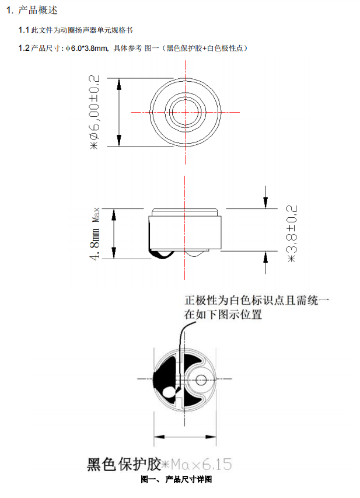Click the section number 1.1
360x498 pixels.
click(24, 30)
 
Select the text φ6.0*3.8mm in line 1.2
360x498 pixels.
click(88, 48)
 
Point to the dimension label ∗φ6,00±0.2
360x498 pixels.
click(95, 112)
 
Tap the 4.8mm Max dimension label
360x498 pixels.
click(95, 234)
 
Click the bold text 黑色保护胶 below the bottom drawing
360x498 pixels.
click(124, 465)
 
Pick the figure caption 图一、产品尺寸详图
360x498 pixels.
click(177, 480)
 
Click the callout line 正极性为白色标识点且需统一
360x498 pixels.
click(257, 301)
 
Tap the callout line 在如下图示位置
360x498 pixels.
click(222, 315)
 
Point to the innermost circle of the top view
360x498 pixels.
click(185, 111)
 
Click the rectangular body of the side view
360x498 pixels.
click(185, 232)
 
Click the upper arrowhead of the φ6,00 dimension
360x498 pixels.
click(120, 83)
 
